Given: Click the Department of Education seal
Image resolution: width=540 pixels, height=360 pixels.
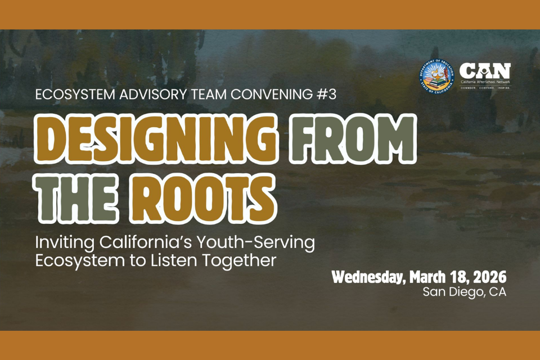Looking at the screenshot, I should click(436, 76).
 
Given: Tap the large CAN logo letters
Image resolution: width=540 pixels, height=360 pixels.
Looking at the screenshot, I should click(485, 71).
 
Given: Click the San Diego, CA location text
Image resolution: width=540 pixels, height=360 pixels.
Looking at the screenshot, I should click(464, 292).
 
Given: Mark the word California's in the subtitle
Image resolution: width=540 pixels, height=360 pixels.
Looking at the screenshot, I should click(140, 244).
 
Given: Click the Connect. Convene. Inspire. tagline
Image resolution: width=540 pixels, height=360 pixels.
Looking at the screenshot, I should click(485, 88).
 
